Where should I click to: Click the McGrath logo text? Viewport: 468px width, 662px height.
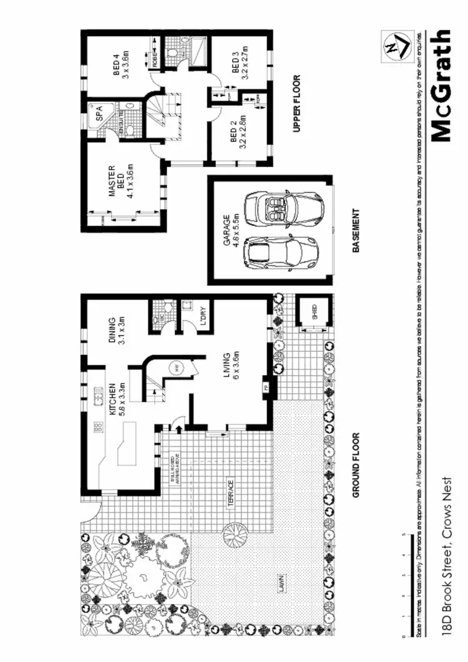click(440, 85)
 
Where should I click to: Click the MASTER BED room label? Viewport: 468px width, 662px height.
click(117, 182)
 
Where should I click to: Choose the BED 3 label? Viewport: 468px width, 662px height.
click(240, 64)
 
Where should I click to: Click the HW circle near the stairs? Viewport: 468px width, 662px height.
click(177, 368)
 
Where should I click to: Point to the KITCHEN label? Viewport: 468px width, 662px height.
click(117, 400)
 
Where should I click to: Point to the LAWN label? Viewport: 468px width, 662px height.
click(281, 582)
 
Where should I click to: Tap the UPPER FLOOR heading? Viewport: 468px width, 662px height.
click(296, 104)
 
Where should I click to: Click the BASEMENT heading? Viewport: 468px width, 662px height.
click(356, 230)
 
